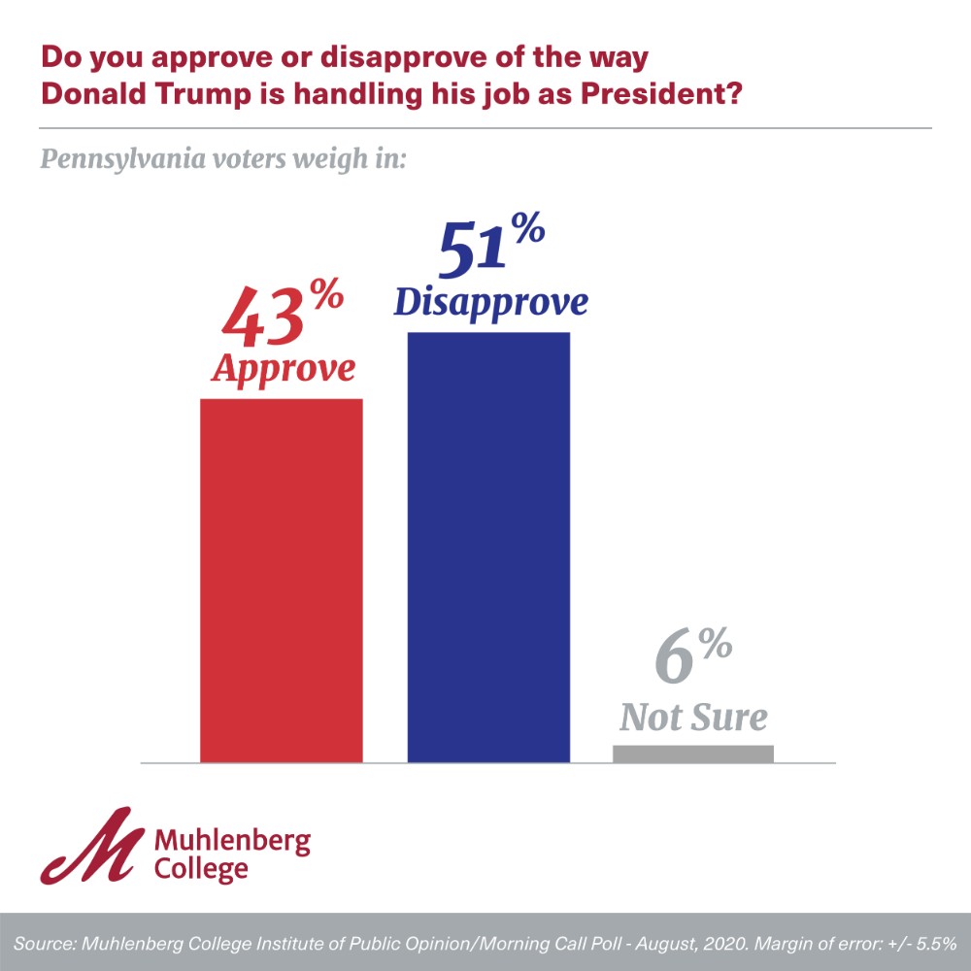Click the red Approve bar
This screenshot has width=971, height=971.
(281, 580)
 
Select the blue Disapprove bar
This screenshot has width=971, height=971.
(488, 547)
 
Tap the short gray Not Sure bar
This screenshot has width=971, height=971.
(693, 753)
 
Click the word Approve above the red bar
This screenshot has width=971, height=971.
(284, 369)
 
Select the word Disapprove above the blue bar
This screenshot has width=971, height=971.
(490, 302)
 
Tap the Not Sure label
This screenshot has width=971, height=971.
(693, 718)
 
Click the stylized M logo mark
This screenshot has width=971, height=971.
(89, 847)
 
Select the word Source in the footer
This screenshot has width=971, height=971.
(42, 943)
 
